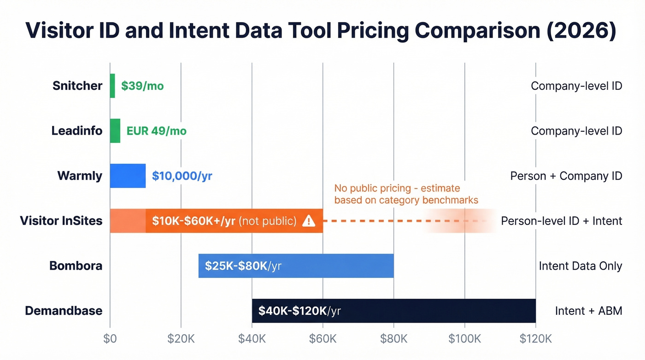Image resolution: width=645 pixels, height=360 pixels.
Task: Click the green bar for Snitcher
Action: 112,86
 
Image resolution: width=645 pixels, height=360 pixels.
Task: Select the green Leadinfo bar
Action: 115,131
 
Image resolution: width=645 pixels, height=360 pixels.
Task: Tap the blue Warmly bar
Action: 128,176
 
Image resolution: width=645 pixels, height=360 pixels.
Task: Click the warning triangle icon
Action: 308,221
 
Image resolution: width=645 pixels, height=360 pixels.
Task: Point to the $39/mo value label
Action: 142,86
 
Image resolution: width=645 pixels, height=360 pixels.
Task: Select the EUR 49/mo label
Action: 157,131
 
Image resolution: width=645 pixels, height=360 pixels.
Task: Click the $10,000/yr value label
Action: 182,176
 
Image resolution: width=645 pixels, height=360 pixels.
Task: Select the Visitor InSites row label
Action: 61,221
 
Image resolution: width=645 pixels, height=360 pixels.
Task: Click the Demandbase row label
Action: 64,311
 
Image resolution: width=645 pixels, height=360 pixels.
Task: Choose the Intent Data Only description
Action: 580,266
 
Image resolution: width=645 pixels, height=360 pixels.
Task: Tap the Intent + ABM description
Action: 588,311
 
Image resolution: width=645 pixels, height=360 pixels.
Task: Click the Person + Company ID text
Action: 566,176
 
